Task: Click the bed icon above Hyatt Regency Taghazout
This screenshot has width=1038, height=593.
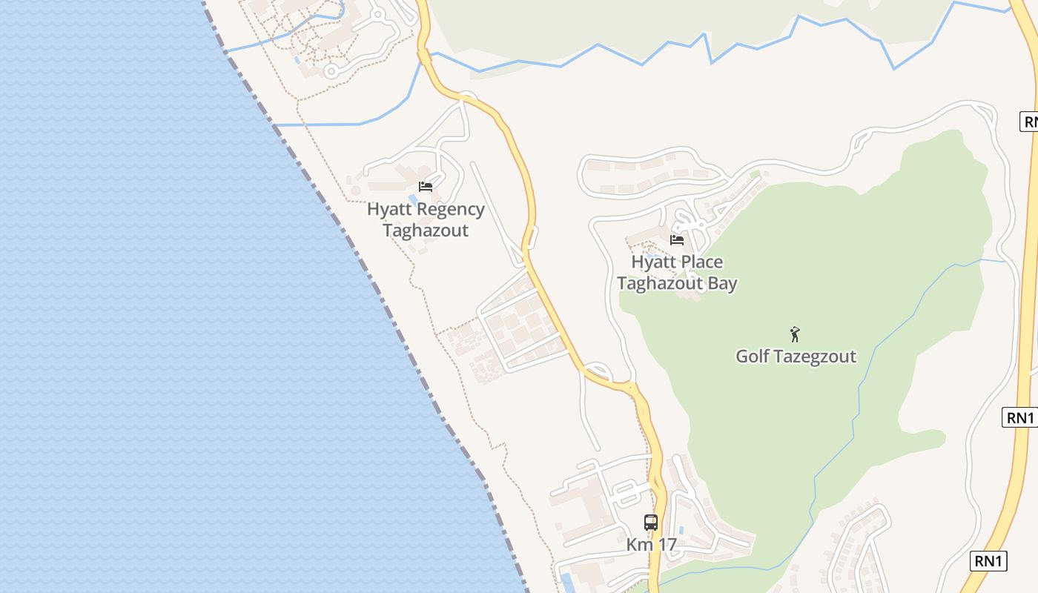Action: click(426, 186)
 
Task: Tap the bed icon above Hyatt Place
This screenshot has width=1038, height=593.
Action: click(677, 239)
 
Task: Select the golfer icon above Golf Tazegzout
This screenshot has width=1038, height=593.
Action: click(796, 334)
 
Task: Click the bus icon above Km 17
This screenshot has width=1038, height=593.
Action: click(651, 522)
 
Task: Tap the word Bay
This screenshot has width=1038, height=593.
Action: click(722, 283)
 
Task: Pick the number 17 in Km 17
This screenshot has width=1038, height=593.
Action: click(667, 545)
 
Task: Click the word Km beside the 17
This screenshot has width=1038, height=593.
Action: click(639, 545)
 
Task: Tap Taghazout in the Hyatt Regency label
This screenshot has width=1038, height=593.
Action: click(426, 231)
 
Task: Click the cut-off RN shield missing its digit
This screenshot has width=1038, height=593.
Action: click(1029, 122)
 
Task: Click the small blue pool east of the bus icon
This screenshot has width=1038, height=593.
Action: click(681, 531)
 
